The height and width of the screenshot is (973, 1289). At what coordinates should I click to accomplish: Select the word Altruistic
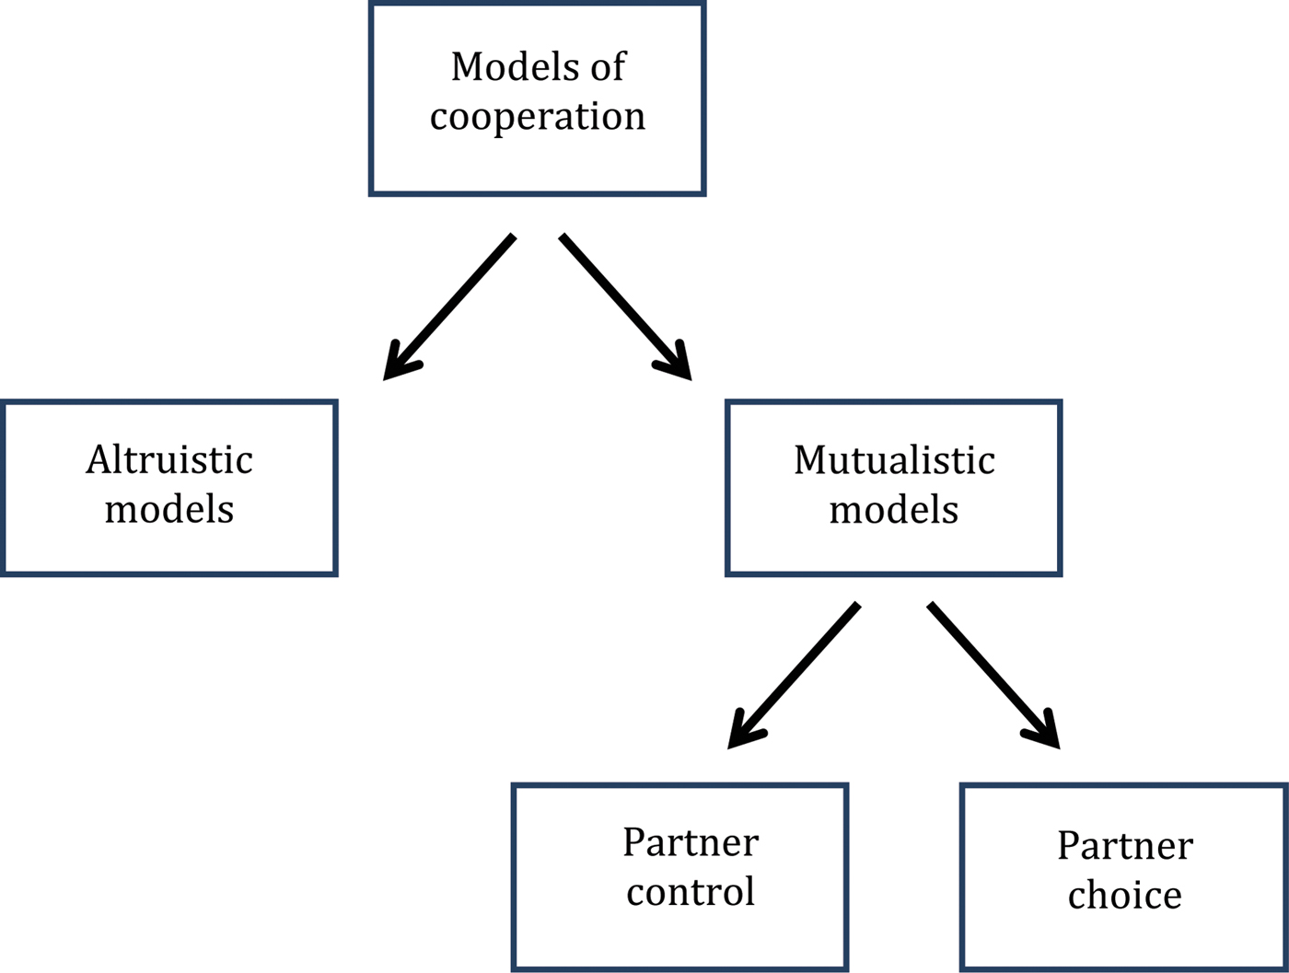[x=169, y=460]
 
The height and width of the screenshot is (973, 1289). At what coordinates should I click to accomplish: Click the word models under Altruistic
[x=169, y=510]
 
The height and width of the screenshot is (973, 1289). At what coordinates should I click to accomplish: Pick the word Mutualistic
[x=894, y=460]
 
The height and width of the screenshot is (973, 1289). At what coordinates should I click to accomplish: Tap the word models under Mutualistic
[x=894, y=510]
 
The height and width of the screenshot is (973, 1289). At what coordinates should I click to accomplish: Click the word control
[x=691, y=892]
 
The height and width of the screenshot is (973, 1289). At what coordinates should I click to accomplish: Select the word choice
[x=1124, y=896]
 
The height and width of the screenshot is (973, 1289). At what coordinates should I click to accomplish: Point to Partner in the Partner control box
[x=691, y=842]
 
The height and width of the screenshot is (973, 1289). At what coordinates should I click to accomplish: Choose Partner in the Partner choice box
[x=1125, y=846]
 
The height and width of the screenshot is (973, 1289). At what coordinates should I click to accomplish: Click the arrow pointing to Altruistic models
[x=448, y=307]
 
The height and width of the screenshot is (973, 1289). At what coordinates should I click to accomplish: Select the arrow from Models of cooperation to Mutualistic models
[x=625, y=307]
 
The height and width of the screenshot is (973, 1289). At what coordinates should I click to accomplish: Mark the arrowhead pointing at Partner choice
[x=1045, y=733]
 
